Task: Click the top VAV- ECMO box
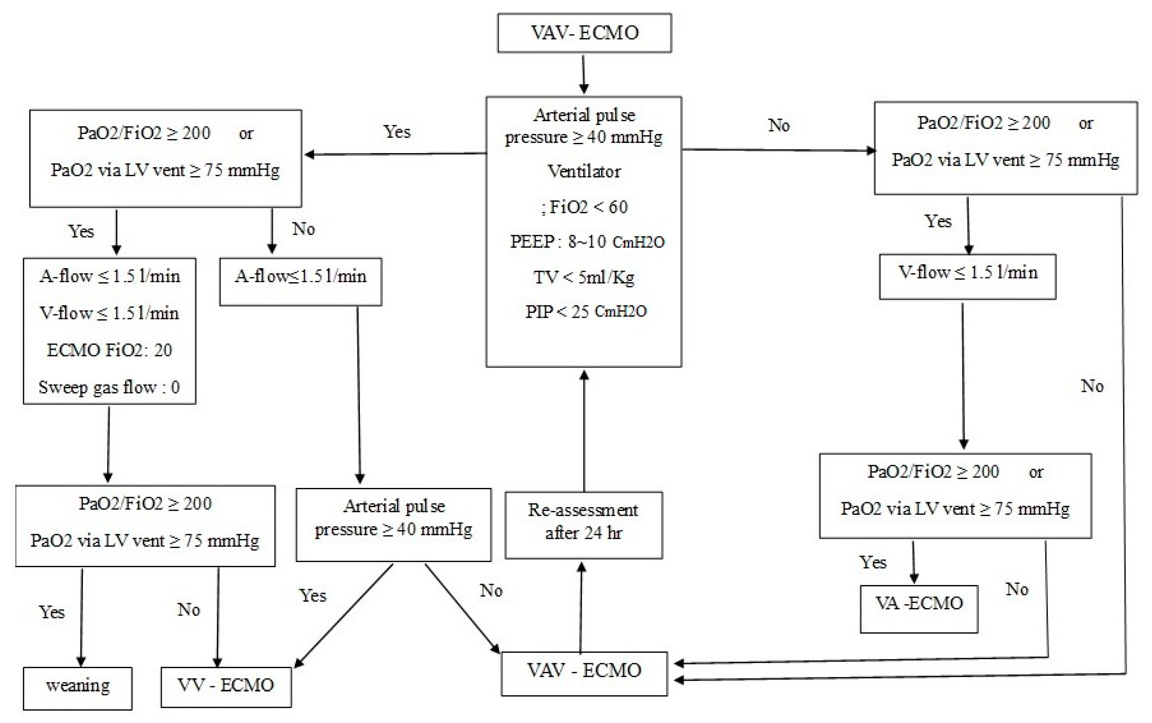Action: point(584,33)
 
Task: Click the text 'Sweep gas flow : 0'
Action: point(109,387)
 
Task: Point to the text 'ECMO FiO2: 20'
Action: point(109,350)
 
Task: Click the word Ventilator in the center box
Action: point(584,171)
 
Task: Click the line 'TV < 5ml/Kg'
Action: point(584,277)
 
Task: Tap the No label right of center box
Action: point(778,125)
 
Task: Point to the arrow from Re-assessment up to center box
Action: point(584,430)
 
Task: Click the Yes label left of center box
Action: point(397,132)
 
